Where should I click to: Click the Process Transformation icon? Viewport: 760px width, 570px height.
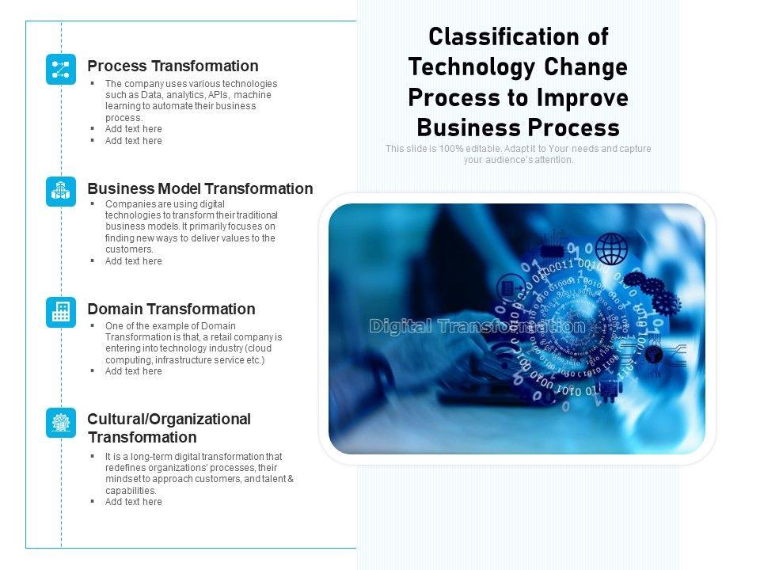coord(61,70)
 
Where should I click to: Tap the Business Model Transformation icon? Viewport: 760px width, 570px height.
coord(61,192)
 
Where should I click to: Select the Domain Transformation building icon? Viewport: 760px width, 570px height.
coord(61,312)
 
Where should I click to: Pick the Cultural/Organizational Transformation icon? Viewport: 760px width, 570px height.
coord(61,423)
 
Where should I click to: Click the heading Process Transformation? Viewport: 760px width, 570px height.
coord(173,66)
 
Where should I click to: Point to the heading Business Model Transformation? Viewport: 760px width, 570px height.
coord(200,188)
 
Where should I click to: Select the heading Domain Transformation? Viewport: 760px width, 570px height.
coord(171,309)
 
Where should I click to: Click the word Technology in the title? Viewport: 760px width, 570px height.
coord(473,67)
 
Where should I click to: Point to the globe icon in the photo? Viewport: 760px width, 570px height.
coord(611,249)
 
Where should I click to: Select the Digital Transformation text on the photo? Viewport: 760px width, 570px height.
coord(477,326)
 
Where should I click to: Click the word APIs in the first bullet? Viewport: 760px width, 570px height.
coord(218,95)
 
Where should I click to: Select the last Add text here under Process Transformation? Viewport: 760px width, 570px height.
coord(134,141)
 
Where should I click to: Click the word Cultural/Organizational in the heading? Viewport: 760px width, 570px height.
coord(169,419)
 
